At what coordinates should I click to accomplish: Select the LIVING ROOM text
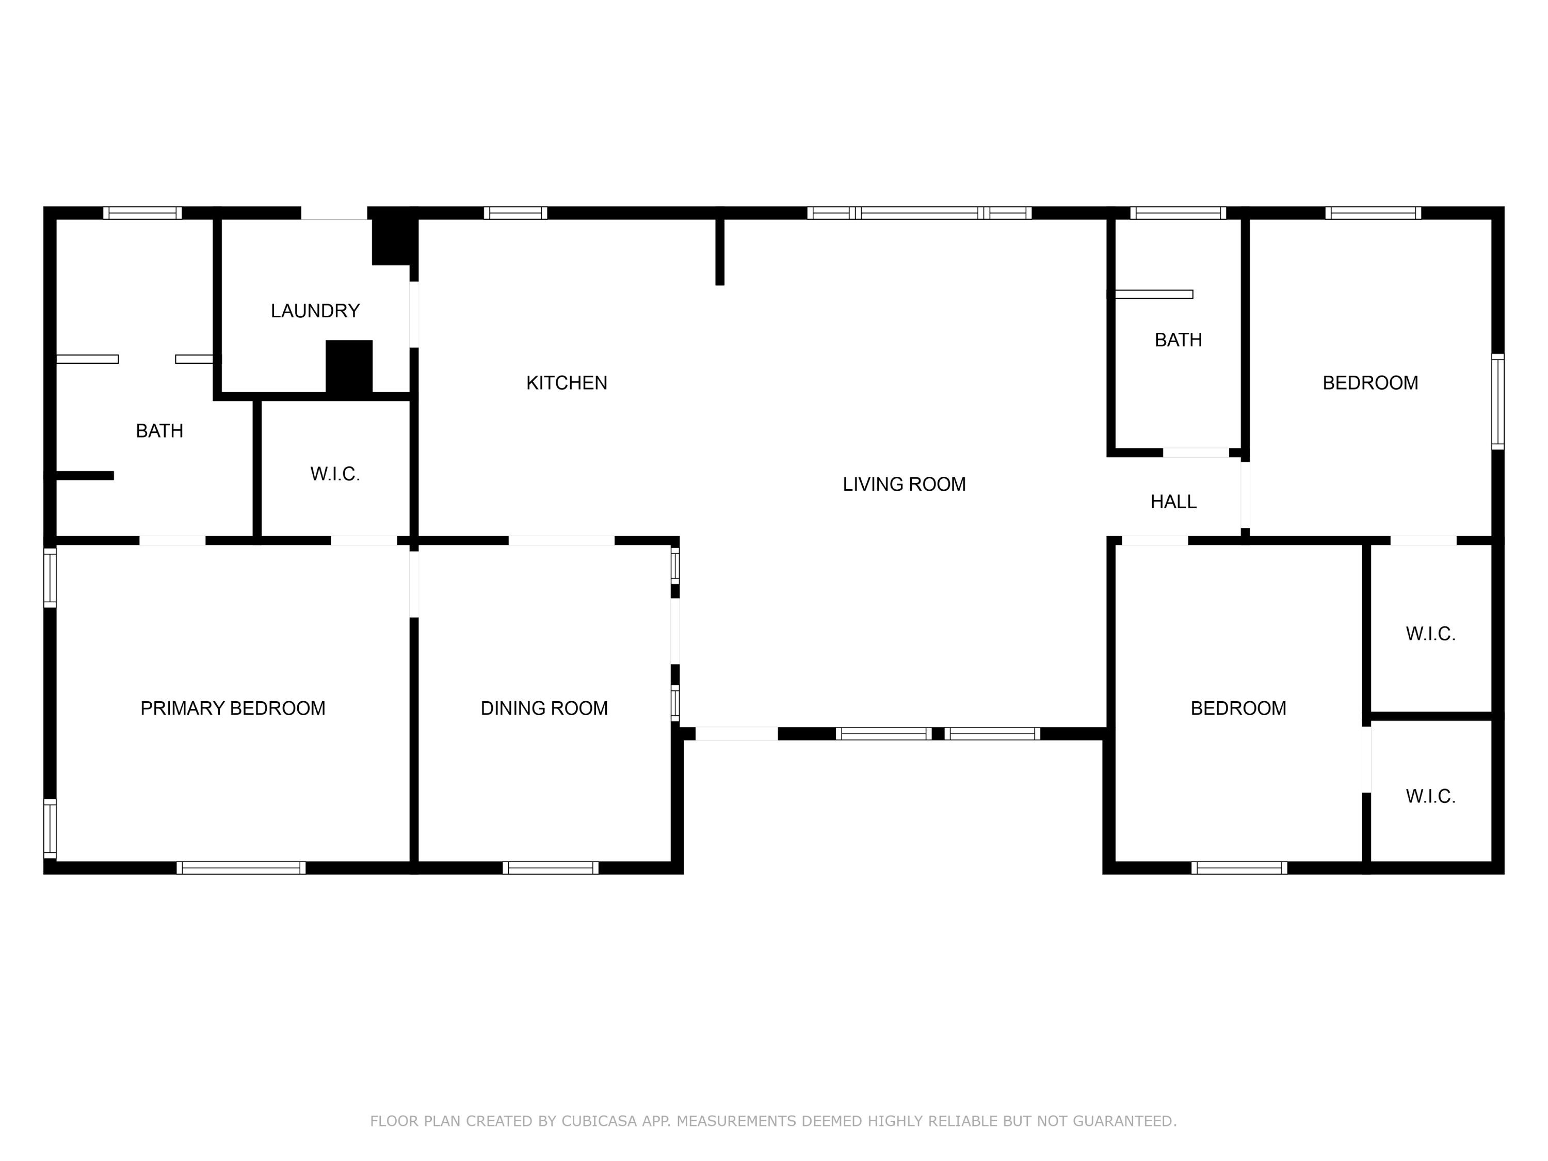[904, 485]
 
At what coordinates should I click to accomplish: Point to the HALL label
[1173, 502]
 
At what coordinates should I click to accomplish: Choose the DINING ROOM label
[544, 708]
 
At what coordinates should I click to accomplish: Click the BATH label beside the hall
[1178, 340]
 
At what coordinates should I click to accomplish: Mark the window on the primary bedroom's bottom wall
[241, 868]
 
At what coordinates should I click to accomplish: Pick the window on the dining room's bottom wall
[550, 868]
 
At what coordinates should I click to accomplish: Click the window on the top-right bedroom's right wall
[1497, 401]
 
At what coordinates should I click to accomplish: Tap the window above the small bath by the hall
[1178, 213]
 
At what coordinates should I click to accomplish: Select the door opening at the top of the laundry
[334, 213]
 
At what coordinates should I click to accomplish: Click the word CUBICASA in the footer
[599, 1121]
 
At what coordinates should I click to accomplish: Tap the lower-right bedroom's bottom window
[1239, 868]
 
